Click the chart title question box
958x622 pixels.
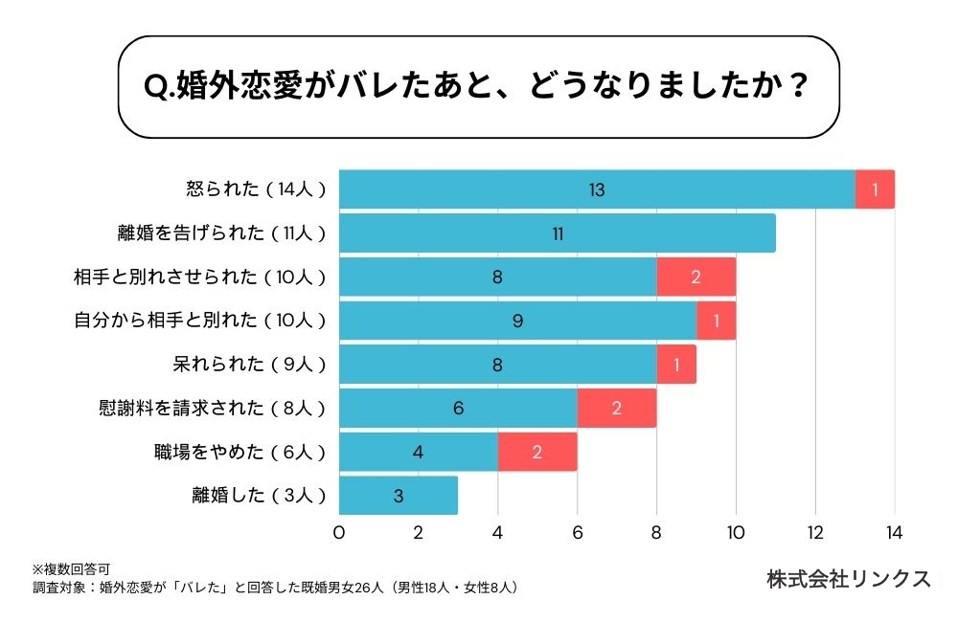(x=478, y=87)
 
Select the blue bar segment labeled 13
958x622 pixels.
(x=597, y=189)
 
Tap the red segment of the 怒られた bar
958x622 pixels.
(x=875, y=189)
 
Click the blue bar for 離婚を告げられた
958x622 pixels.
(x=557, y=233)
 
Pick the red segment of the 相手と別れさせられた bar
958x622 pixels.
(x=696, y=278)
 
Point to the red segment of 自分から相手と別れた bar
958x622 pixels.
(x=716, y=322)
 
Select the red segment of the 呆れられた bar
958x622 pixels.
(x=676, y=365)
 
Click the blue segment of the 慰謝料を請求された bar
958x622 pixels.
(x=458, y=409)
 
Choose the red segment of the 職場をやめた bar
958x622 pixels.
(x=537, y=452)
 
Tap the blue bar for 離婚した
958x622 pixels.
(x=399, y=496)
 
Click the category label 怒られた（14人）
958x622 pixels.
(x=256, y=189)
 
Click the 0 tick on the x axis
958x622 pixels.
(x=339, y=533)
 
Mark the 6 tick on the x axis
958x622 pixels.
(x=577, y=533)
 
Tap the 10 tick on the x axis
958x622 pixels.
(x=736, y=533)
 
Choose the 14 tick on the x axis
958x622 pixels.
(x=894, y=533)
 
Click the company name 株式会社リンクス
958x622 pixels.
(x=848, y=579)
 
